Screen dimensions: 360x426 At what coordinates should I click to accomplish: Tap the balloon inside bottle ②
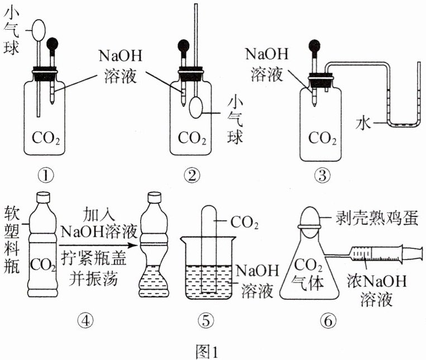196,106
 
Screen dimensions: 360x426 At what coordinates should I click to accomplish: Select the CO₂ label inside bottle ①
46,137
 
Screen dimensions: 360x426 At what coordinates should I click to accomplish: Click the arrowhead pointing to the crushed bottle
134,245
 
